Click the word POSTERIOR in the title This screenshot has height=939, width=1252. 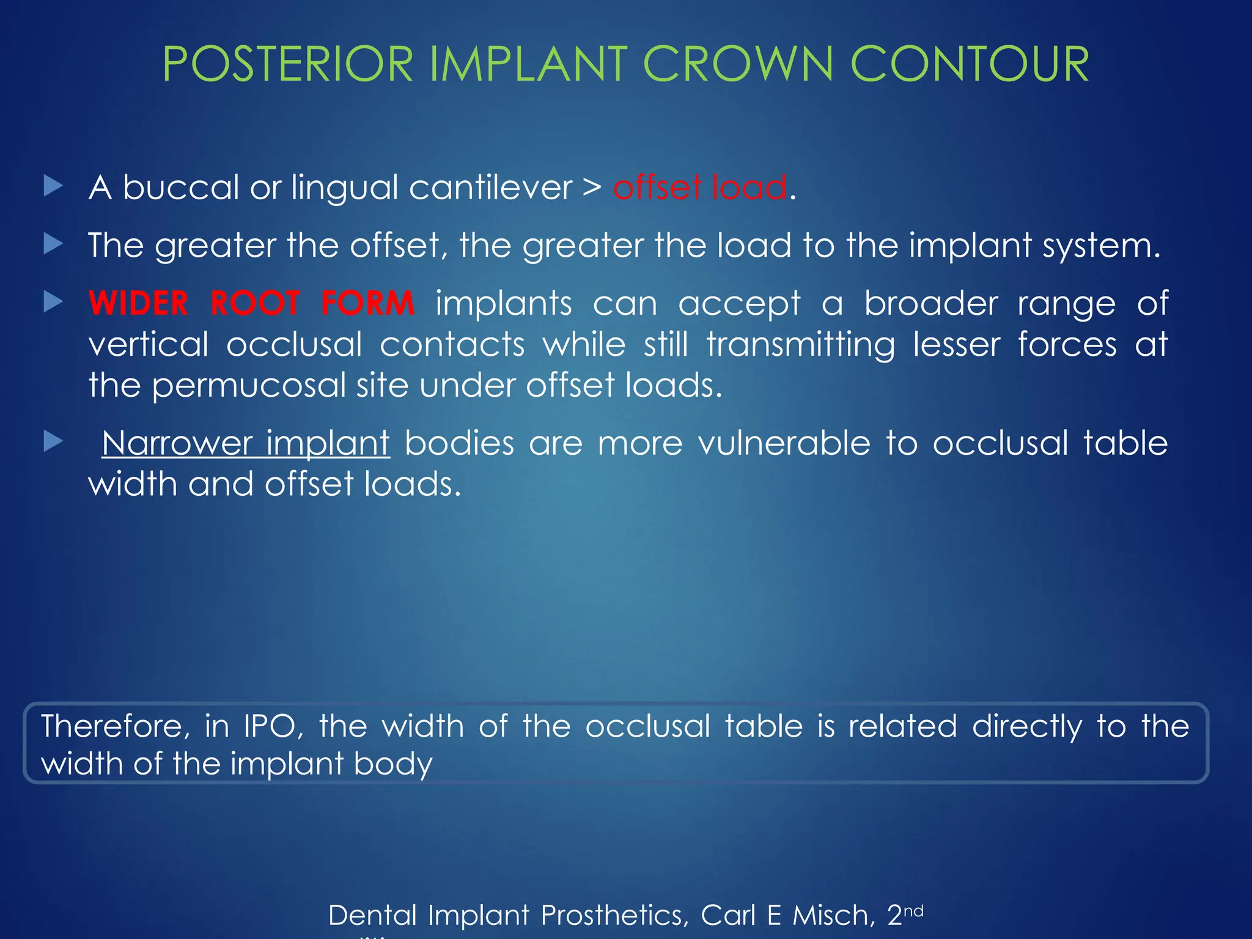[x=288, y=64]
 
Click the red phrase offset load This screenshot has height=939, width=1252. [x=700, y=187]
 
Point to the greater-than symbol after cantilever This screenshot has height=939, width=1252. [x=592, y=188]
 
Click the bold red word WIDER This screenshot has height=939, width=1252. [x=139, y=303]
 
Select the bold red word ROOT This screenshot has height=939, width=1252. [x=255, y=303]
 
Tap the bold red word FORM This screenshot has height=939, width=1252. [x=368, y=303]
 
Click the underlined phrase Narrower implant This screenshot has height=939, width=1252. [x=246, y=443]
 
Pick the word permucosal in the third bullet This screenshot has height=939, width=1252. [x=249, y=386]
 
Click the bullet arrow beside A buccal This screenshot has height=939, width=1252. [x=54, y=186]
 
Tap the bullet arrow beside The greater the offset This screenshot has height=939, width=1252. [x=54, y=244]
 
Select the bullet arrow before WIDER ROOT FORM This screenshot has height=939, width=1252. [x=54, y=302]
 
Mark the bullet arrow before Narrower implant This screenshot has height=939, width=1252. [x=54, y=441]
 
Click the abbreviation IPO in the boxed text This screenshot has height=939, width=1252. [x=270, y=726]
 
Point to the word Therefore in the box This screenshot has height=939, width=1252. [x=111, y=726]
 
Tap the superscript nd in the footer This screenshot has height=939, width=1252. [x=913, y=911]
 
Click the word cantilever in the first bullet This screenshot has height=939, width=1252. [x=490, y=187]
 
